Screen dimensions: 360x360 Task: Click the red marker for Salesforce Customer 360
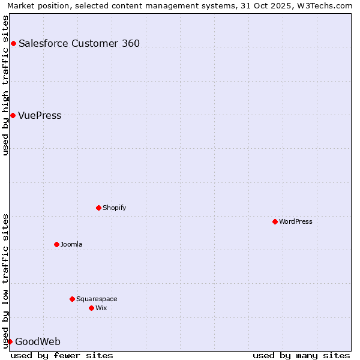[x=13, y=43]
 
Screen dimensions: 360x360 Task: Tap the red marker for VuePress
[x=13, y=115]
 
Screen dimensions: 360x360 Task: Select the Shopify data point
[x=98, y=208]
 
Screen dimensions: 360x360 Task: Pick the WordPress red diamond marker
[x=275, y=221]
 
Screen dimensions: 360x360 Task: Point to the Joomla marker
[x=56, y=244]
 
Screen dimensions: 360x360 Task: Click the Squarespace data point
[x=72, y=299]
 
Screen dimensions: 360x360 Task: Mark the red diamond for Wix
[x=91, y=308]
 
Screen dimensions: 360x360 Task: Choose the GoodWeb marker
[x=10, y=341]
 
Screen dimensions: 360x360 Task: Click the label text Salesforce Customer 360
[x=79, y=43]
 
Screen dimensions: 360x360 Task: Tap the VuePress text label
[x=40, y=115]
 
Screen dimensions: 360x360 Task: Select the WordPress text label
[x=296, y=221]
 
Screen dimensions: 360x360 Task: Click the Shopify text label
[x=115, y=208]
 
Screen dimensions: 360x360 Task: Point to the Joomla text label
[x=71, y=244]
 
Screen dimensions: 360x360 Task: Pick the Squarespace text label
[x=97, y=299]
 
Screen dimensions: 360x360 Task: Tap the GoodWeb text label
[x=38, y=341]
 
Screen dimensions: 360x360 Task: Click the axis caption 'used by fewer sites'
[x=62, y=355]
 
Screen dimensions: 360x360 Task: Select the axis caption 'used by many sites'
[x=301, y=355]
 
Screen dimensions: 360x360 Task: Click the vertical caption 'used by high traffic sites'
[x=5, y=85]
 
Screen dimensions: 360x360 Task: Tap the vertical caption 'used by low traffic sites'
[x=5, y=280]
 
